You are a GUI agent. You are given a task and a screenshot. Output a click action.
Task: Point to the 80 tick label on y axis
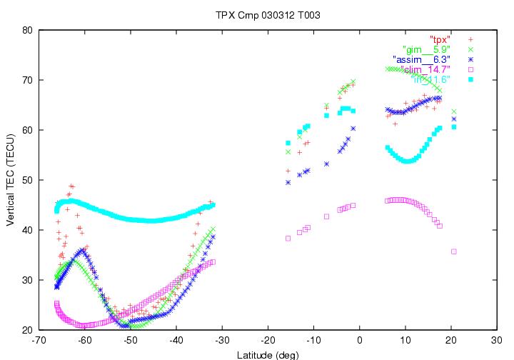[26, 30]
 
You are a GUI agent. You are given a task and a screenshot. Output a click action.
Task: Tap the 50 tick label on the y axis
[26, 180]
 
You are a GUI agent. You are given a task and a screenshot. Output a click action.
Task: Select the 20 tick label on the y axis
[26, 330]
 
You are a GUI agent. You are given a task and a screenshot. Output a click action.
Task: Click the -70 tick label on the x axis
[39, 341]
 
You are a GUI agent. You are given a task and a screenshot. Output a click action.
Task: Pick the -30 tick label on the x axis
[222, 341]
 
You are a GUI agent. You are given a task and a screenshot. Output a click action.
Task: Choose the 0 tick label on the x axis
[359, 341]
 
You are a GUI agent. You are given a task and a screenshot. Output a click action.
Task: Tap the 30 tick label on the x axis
[496, 341]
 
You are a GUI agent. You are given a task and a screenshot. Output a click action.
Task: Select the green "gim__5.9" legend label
[426, 49]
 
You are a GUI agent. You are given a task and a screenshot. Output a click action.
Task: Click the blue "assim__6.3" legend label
[421, 59]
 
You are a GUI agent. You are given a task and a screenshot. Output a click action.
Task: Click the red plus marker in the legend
[470, 39]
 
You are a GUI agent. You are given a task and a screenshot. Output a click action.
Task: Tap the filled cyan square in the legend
[470, 79]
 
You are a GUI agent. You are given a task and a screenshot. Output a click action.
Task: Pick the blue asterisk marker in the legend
[470, 59]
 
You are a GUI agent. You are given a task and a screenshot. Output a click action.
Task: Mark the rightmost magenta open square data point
[454, 251]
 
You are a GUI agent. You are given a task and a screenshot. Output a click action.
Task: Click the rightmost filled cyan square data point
[454, 126]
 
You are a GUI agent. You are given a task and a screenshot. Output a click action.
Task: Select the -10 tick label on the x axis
[313, 341]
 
